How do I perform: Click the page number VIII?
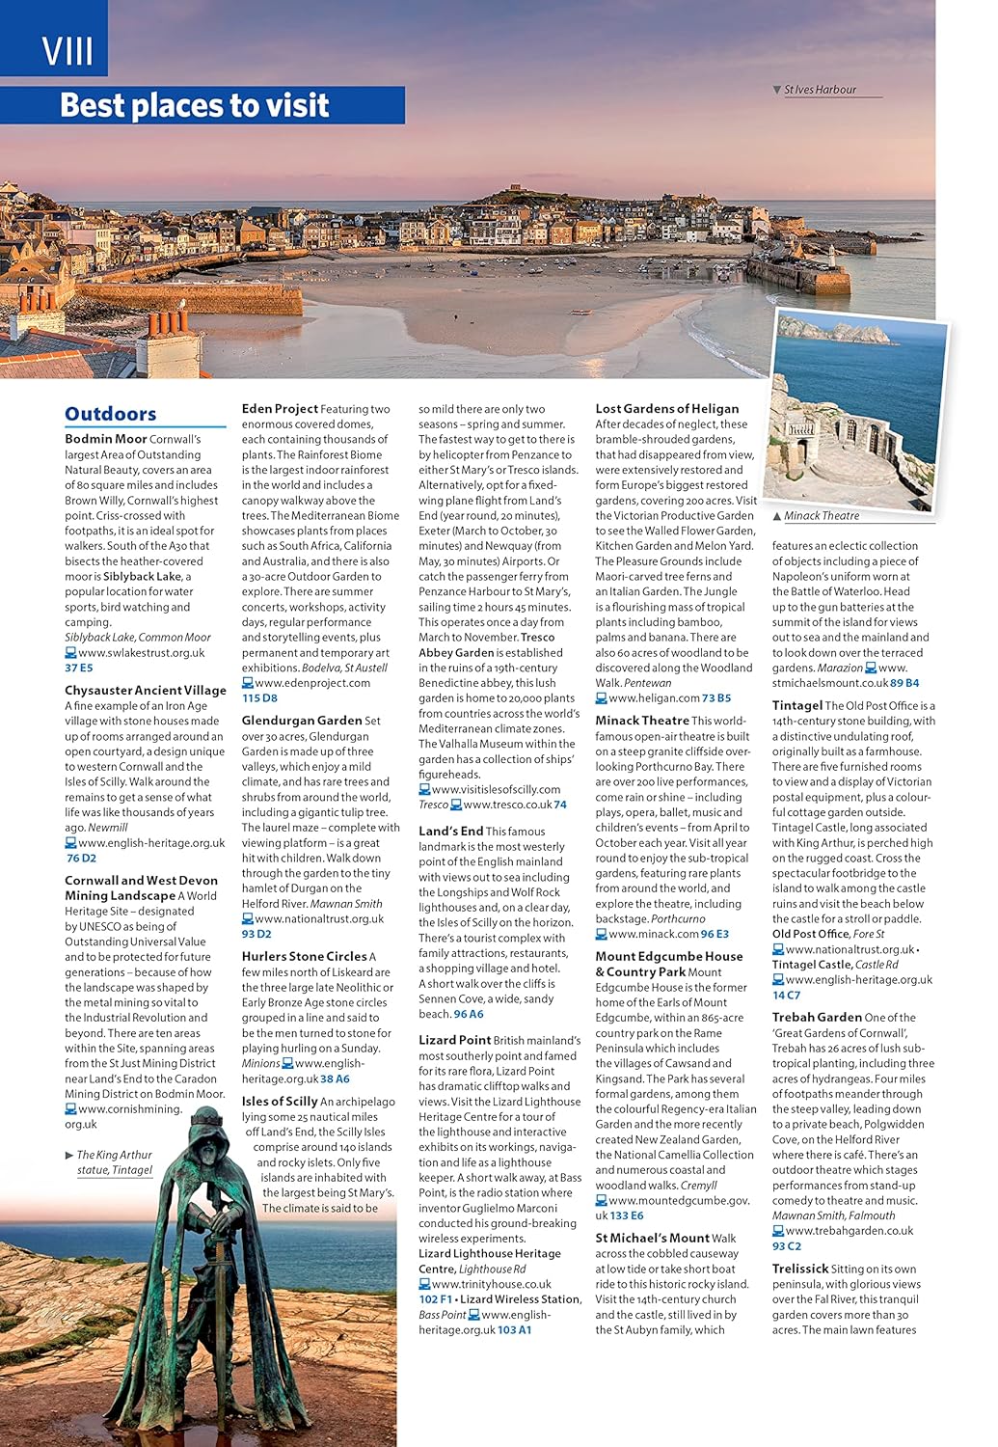click(x=67, y=50)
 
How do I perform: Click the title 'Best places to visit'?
click(x=195, y=105)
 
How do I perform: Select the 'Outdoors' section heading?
click(x=110, y=414)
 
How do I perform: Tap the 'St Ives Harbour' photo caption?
click(x=820, y=90)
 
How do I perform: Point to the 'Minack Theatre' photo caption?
click(x=821, y=516)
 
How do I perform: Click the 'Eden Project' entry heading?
click(x=280, y=409)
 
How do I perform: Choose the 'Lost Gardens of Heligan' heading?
click(x=666, y=409)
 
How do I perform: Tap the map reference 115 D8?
click(x=259, y=697)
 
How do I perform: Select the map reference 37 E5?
click(x=79, y=668)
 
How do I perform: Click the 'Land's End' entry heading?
click(x=450, y=831)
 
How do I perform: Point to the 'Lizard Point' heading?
click(x=454, y=1040)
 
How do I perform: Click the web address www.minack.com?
click(x=654, y=934)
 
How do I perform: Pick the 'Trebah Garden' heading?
click(x=817, y=1017)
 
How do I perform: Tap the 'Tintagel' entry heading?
click(x=796, y=705)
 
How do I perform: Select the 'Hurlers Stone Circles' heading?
click(x=304, y=956)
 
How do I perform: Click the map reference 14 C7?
click(x=786, y=995)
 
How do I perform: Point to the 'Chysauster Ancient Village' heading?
click(x=145, y=690)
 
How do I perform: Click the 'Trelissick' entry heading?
click(x=799, y=1269)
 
